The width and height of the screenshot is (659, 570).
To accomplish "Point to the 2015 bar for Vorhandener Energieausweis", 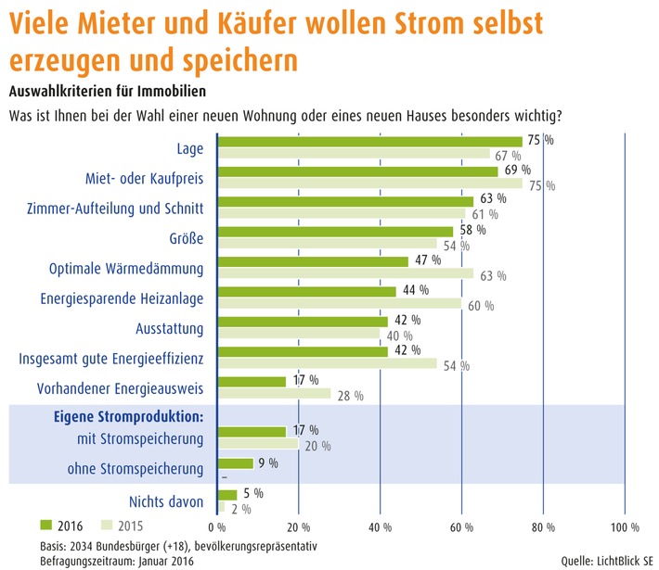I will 273,394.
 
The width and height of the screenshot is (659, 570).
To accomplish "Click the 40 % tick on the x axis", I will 381,527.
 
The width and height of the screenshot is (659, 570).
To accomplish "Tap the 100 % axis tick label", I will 623,527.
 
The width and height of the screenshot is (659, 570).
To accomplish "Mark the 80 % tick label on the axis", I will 543,527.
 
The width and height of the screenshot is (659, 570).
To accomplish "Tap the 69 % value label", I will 518,171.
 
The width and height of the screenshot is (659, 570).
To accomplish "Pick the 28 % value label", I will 350,397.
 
